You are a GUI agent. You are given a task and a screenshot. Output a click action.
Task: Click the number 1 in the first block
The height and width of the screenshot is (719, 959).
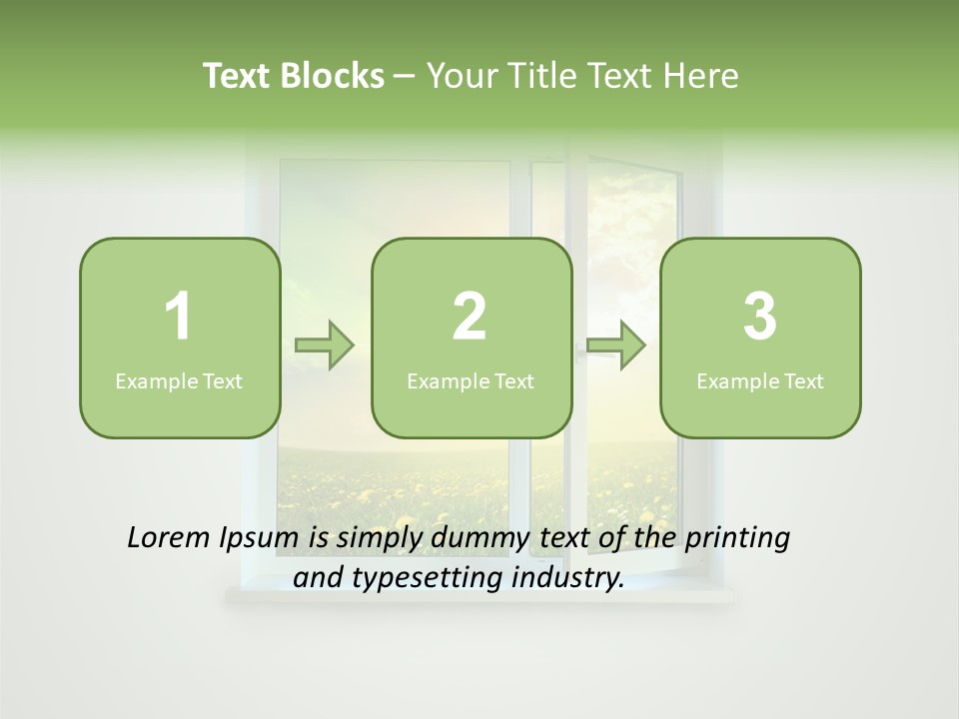(x=178, y=317)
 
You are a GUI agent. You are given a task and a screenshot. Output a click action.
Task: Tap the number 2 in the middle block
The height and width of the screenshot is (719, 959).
(x=470, y=317)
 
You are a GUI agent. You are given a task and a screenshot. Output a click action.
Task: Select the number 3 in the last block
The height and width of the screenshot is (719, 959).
(x=760, y=317)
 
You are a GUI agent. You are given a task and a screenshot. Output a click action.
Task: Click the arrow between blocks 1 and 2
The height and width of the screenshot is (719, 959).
(x=325, y=346)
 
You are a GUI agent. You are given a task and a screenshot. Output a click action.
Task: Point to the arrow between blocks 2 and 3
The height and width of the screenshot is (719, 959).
(x=616, y=346)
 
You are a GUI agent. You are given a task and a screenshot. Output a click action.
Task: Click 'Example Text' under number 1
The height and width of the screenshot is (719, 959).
(x=179, y=380)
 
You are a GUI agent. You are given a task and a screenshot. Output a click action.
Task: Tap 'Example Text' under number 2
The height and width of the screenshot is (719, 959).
(x=471, y=380)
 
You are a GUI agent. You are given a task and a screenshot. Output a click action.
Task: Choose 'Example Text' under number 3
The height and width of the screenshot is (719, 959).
(x=760, y=380)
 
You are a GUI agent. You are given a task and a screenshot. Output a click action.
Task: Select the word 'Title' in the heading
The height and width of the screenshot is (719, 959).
(x=540, y=76)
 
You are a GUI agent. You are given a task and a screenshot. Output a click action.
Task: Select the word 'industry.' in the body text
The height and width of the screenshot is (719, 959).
(x=566, y=578)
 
